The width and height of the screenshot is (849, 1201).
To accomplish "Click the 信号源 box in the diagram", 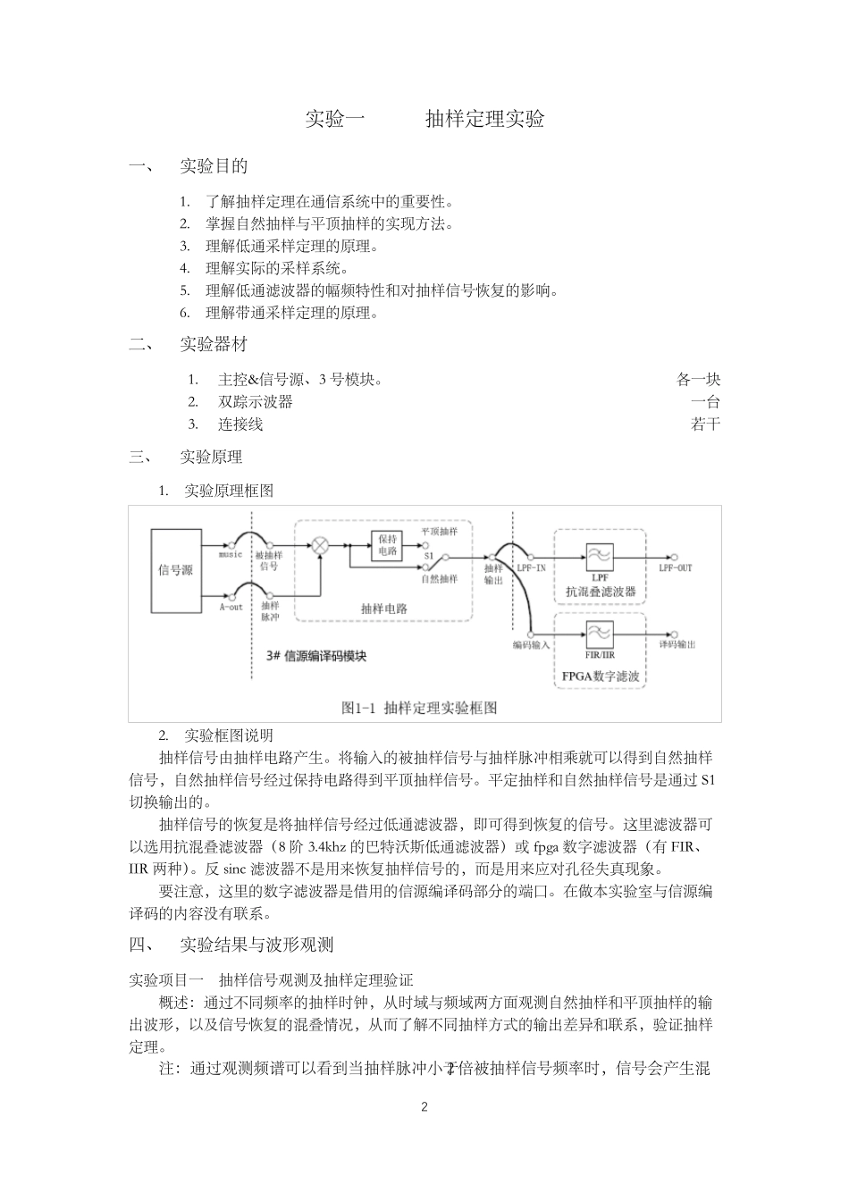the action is click(175, 569).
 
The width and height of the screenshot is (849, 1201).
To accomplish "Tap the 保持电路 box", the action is click(387, 545).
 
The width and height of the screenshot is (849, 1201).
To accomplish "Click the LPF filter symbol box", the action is click(600, 557).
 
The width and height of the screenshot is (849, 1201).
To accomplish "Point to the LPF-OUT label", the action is click(675, 567).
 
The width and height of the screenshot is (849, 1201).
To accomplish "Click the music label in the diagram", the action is click(231, 555).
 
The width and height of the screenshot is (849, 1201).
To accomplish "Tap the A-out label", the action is click(231, 607).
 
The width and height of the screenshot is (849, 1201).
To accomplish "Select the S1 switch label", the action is click(429, 555).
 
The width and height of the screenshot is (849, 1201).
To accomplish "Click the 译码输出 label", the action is click(677, 644).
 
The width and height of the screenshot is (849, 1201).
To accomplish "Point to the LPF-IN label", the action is click(532, 567).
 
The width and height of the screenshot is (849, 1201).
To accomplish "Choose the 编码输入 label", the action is click(531, 644).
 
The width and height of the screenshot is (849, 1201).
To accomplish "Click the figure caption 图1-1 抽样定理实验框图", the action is click(419, 708).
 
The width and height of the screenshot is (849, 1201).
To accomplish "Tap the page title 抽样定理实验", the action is click(485, 119).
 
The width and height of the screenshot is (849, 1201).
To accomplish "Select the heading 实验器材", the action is click(214, 344).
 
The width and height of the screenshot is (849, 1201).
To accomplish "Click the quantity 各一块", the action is click(698, 379).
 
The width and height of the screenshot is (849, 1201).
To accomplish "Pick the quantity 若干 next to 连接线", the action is click(705, 424).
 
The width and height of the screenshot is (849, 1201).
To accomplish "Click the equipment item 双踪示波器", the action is click(256, 401).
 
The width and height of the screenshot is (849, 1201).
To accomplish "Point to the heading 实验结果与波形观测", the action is click(256, 945).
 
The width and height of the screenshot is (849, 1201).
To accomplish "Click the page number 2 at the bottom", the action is click(424, 1107).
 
